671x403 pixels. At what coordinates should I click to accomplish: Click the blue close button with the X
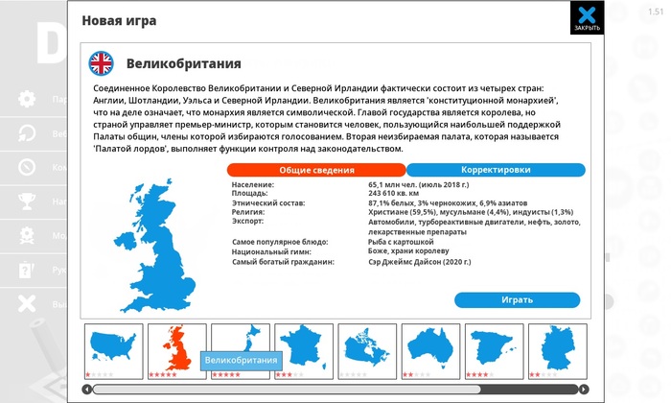(x=587, y=18)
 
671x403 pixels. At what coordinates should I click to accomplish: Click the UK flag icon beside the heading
(x=101, y=64)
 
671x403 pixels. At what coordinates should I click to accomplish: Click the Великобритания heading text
(x=183, y=64)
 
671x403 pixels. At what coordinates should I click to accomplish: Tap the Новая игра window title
(x=119, y=19)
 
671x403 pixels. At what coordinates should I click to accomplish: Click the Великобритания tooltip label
(x=240, y=360)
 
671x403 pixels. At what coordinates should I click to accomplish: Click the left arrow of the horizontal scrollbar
(x=87, y=389)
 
